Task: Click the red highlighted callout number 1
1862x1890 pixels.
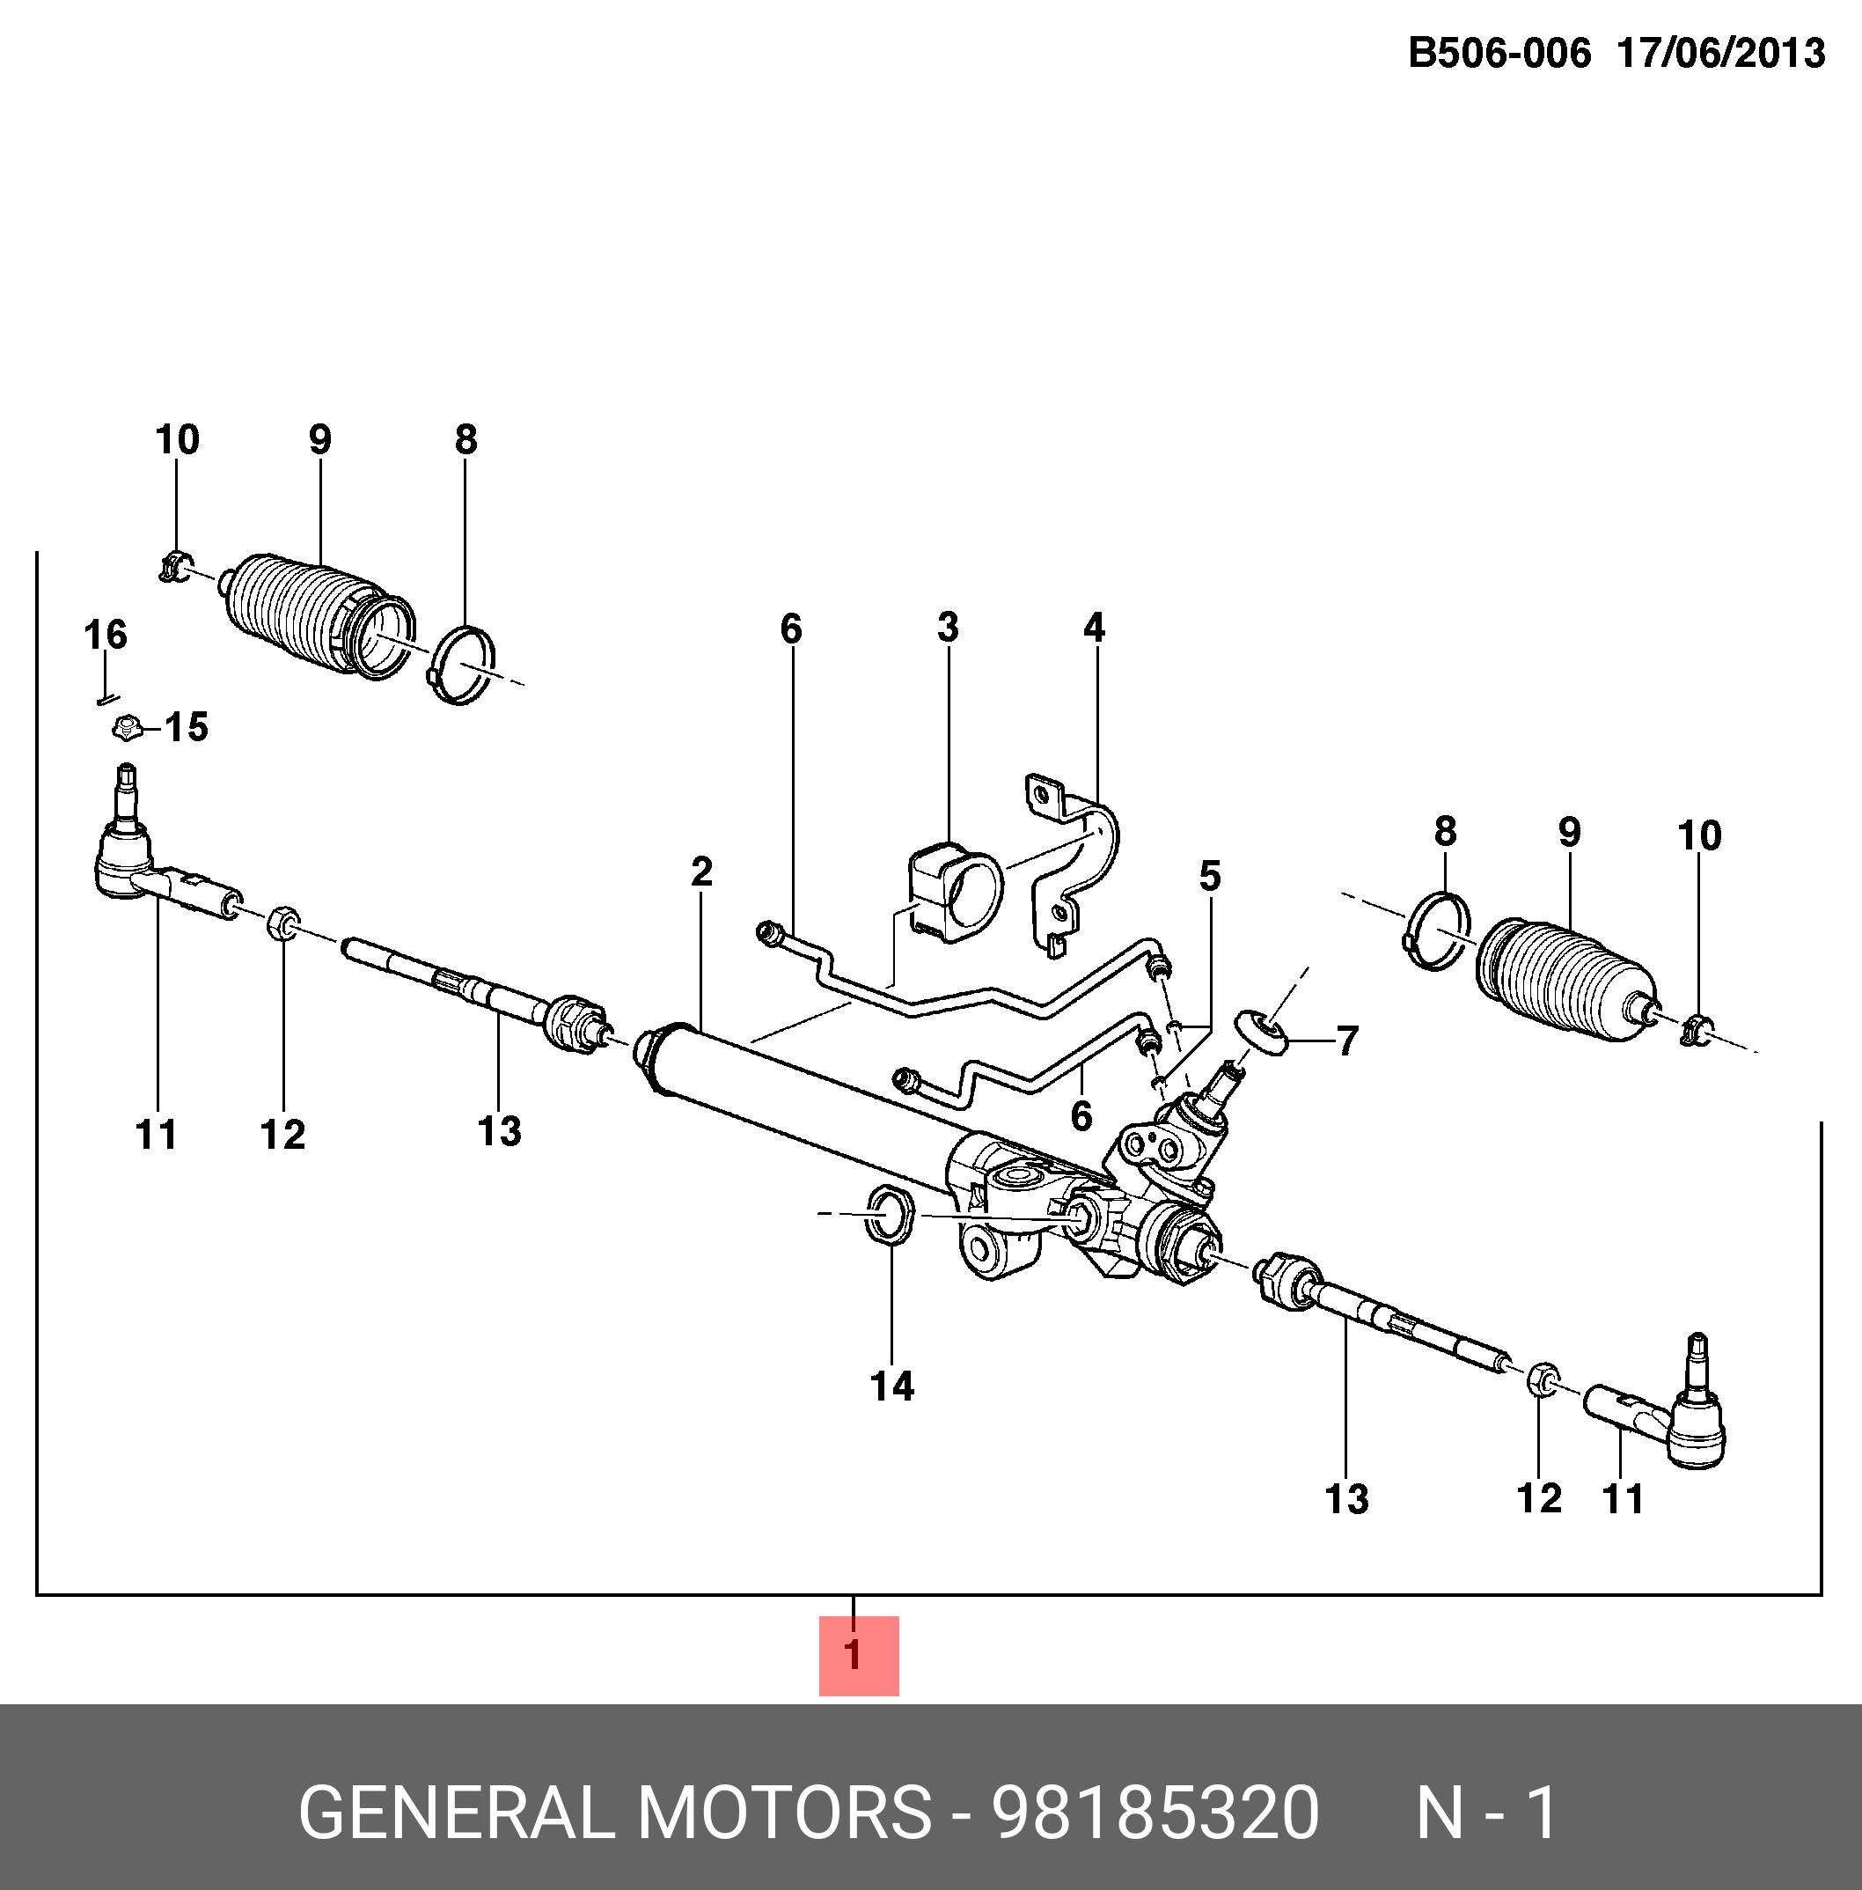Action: (x=858, y=1654)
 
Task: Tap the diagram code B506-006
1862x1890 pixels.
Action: (x=1499, y=53)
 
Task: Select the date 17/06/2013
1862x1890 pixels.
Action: (x=1721, y=53)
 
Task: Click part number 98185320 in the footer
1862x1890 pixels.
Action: (x=1156, y=1813)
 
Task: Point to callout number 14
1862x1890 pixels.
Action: (x=892, y=1386)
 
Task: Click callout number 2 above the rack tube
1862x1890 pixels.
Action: (x=701, y=871)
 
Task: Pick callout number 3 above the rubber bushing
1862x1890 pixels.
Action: (x=948, y=627)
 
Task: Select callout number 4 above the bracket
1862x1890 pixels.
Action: (x=1093, y=627)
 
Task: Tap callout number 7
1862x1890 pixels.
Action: (x=1347, y=1041)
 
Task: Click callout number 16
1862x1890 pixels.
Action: (x=106, y=635)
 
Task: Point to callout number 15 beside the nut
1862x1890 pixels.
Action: (x=186, y=727)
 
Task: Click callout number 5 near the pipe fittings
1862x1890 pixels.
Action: (x=1210, y=876)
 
